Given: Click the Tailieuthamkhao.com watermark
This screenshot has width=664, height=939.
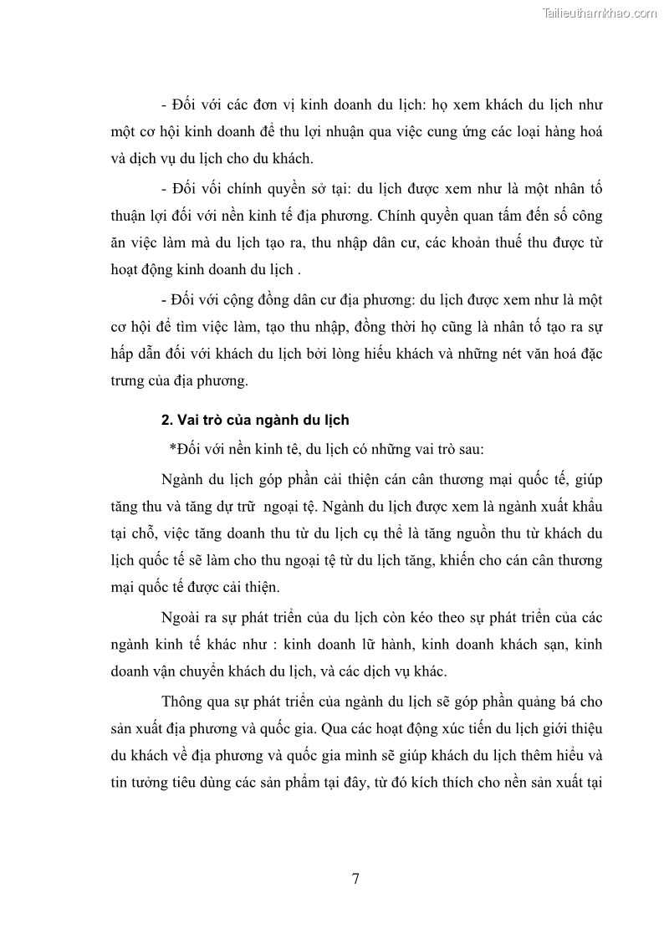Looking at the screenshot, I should [600, 13].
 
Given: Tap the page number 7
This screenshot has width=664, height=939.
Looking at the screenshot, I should [355, 878].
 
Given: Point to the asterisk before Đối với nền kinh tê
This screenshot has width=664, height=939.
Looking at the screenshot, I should [172, 449].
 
